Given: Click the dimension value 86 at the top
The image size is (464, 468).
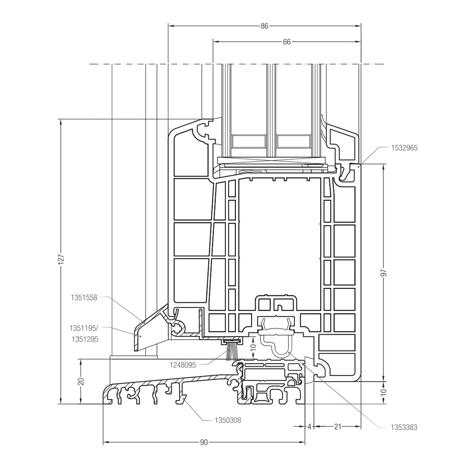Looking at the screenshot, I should (264, 26).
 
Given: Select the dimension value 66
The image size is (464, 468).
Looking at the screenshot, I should (287, 42).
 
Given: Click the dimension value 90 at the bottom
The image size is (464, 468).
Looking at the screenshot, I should (204, 442).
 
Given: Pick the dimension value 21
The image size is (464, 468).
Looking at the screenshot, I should (337, 427).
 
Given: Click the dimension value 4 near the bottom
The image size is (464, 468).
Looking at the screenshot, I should (309, 427).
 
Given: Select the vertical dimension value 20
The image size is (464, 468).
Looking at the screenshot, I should (81, 381).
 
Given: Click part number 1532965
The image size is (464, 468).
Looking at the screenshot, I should (404, 148).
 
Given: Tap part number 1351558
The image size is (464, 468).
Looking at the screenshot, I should (84, 297).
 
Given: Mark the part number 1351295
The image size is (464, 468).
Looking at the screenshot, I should (84, 339).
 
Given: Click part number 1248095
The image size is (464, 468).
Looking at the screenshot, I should (182, 365).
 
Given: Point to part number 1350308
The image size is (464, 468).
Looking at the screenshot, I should (228, 420).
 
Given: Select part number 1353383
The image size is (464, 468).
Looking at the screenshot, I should (404, 427).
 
